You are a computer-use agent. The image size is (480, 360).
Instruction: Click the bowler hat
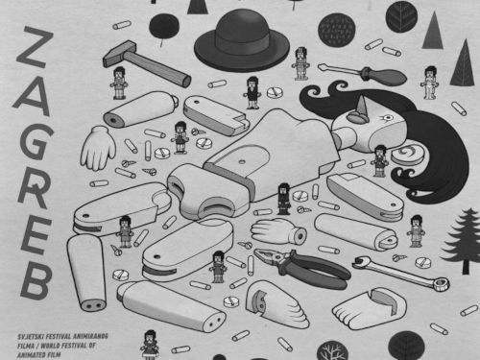[x=242, y=40]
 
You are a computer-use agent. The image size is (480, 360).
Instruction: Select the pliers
[x=301, y=267]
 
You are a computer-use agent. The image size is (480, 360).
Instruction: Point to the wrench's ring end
[x=441, y=283]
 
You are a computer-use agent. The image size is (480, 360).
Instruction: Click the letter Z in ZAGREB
[x=36, y=47]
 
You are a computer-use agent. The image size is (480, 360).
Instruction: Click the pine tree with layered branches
[x=462, y=240]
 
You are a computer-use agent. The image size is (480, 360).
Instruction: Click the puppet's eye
[x=388, y=118]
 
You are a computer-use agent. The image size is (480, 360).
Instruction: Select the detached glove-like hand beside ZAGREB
[x=98, y=148]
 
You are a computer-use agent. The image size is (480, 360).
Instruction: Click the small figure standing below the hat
[x=253, y=93]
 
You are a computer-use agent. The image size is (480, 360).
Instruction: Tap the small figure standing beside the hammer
[x=119, y=83]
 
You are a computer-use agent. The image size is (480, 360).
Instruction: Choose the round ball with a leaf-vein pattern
[x=401, y=16]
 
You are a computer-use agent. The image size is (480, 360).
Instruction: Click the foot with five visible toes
[x=368, y=308]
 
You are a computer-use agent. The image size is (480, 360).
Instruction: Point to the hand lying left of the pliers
[x=278, y=231]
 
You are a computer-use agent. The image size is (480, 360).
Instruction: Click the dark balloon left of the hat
[x=164, y=26]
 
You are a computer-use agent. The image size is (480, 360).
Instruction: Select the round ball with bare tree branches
[x=332, y=351]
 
